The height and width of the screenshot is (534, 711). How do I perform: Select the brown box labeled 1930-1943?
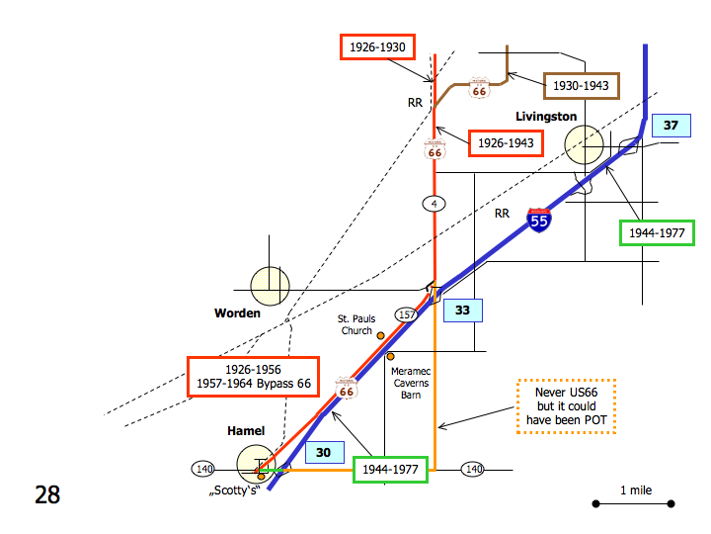[581, 86]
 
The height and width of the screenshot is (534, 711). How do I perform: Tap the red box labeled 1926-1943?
[506, 143]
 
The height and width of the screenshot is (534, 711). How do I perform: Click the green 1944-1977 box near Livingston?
[657, 232]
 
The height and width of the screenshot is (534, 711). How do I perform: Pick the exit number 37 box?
[671, 126]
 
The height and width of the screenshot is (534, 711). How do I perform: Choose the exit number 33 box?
[463, 311]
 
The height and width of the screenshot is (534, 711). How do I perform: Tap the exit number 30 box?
[323, 453]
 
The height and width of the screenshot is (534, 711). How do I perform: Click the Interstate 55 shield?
[539, 220]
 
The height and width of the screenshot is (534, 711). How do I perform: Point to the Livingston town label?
[546, 117]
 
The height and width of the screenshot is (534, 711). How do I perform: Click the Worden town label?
[237, 313]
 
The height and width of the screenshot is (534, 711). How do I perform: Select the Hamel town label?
[247, 432]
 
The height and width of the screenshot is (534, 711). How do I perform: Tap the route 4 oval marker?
[434, 204]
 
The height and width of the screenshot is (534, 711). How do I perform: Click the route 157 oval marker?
[406, 314]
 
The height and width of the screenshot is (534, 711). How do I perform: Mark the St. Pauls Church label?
[355, 324]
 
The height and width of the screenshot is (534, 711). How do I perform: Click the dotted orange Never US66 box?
[567, 405]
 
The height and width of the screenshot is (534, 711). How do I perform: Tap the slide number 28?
[47, 494]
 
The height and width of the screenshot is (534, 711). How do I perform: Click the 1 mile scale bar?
[633, 503]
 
